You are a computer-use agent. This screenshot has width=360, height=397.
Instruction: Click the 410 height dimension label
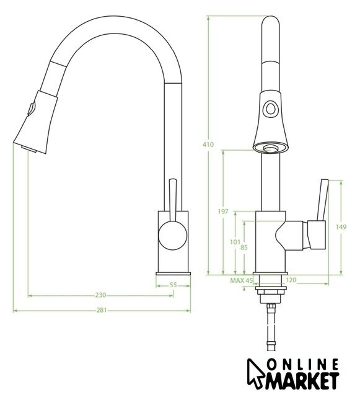click(208, 145)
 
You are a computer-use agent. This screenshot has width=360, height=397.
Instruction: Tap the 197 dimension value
click(223, 212)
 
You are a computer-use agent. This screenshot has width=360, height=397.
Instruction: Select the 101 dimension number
click(235, 242)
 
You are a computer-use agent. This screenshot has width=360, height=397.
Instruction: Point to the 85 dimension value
click(244, 248)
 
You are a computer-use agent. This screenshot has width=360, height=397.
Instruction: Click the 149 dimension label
click(341, 227)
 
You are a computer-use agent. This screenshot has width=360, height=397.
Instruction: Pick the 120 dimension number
click(291, 280)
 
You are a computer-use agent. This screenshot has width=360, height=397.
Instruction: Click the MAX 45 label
click(242, 280)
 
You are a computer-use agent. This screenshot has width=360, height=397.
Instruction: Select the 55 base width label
click(173, 285)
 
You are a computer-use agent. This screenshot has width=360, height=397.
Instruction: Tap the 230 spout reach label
click(101, 295)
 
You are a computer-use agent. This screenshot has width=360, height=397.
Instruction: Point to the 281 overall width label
click(102, 310)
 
